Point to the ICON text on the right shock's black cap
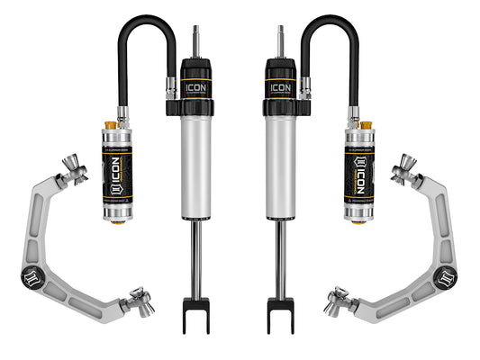pos(282,88)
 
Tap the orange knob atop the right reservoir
pos(367,124)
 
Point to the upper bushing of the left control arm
pos(77,170)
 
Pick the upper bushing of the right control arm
pos(403,170)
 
